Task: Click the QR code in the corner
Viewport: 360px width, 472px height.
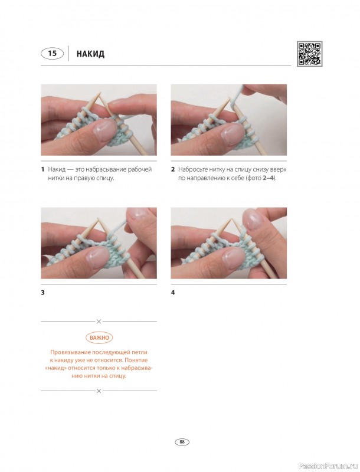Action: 309,54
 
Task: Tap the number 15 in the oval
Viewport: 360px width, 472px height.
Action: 53,54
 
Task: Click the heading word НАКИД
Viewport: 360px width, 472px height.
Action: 90,54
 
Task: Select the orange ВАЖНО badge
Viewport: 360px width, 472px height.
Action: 99,337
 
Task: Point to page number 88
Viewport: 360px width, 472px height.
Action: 182,442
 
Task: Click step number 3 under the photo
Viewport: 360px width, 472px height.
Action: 42,292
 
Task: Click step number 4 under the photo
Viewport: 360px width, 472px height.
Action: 173,292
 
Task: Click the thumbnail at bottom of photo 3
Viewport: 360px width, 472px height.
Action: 97,257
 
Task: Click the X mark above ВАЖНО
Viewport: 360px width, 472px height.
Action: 99,322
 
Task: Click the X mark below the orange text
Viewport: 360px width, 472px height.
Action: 99,391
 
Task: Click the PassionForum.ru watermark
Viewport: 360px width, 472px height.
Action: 333,466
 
